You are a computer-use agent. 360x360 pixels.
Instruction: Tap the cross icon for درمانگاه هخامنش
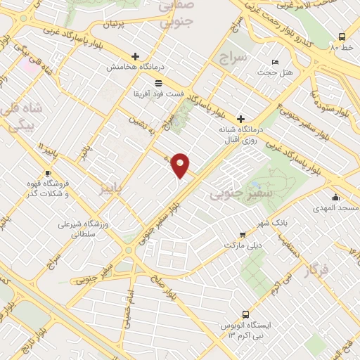tap(135, 56)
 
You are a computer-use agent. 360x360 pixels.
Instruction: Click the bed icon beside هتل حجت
tap(275, 62)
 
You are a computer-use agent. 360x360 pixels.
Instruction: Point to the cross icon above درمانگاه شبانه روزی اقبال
tap(241, 119)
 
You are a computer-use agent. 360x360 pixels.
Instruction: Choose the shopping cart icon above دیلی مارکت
tap(243, 235)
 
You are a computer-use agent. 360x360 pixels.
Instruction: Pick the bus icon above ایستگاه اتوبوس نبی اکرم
tap(245, 314)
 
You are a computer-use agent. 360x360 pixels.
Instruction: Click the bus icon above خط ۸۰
tap(342, 37)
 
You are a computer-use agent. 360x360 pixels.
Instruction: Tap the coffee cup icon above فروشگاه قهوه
tap(48, 174)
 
